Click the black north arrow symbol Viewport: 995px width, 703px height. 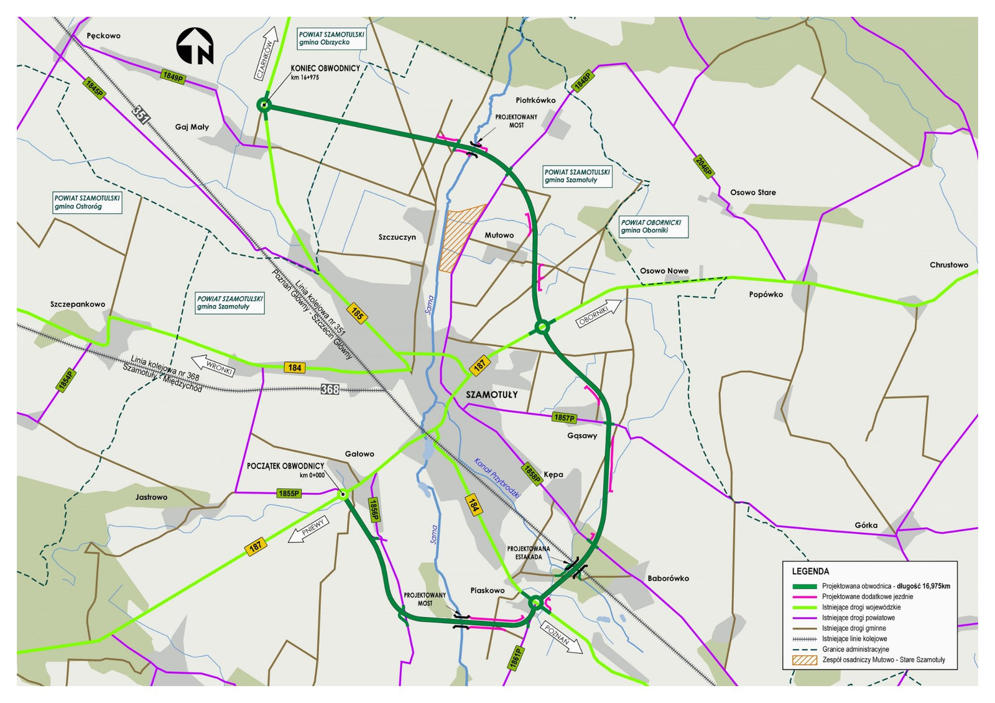(195, 46)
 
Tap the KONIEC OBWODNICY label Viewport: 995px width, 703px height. (325, 68)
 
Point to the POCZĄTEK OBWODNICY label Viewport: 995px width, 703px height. (285, 466)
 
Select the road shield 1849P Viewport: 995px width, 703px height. (173, 76)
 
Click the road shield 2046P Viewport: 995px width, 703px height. (703, 167)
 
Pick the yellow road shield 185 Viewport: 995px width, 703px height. (357, 313)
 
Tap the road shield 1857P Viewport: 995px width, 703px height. (564, 418)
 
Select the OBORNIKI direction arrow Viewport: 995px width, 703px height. (599, 313)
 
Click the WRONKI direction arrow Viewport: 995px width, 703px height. (213, 365)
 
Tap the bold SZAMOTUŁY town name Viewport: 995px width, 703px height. (491, 395)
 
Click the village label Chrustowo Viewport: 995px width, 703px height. (948, 265)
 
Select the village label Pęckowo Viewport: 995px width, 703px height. (104, 35)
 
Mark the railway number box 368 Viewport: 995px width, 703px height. (330, 389)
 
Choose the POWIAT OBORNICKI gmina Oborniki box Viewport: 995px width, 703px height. (654, 226)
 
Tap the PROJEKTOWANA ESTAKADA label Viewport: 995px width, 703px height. (528, 553)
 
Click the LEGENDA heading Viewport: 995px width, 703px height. (810, 571)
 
